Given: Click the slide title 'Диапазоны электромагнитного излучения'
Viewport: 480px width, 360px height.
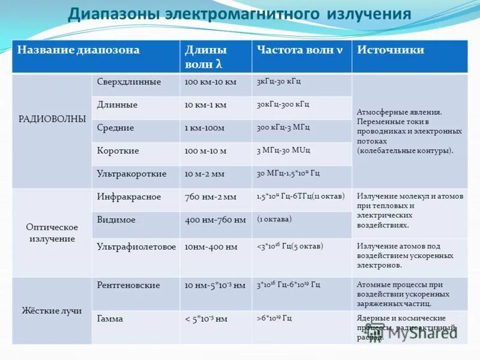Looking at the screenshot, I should (239, 14).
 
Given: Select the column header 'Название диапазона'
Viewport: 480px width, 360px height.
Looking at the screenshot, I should (78, 50).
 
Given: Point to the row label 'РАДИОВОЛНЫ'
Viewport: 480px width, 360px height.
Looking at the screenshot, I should (52, 119).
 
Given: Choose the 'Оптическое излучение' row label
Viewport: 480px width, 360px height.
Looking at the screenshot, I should (52, 233).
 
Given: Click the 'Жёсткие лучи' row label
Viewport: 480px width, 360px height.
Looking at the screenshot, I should (52, 311).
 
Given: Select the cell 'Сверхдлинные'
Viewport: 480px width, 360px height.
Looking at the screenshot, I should (129, 82).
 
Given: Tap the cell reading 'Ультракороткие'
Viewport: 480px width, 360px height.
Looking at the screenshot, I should (131, 174).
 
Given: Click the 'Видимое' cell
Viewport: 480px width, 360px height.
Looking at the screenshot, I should (116, 220).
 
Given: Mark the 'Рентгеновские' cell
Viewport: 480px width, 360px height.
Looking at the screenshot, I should (128, 286).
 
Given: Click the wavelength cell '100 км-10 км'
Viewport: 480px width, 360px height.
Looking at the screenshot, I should (211, 82).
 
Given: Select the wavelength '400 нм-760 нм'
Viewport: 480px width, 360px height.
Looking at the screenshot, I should (215, 220).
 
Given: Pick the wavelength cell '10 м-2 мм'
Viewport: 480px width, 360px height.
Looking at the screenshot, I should (205, 174).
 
